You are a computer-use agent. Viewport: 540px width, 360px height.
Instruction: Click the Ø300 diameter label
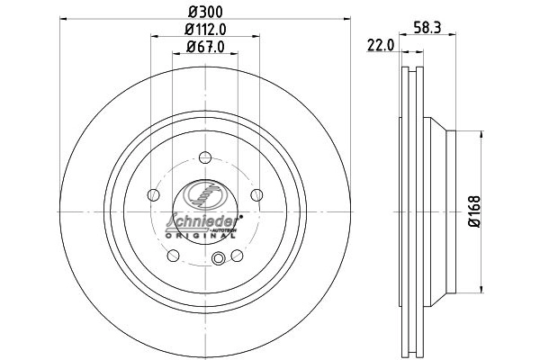pyautogui.click(x=205, y=12)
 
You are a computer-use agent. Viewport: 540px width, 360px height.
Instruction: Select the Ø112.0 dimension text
pyautogui.click(x=205, y=30)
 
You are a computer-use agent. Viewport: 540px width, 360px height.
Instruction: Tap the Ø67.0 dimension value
pyautogui.click(x=205, y=47)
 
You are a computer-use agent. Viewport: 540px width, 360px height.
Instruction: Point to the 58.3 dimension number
pyautogui.click(x=427, y=27)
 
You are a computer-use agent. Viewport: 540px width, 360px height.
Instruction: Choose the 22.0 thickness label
pyautogui.click(x=381, y=45)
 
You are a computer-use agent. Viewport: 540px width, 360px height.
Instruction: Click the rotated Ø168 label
pyautogui.click(x=474, y=211)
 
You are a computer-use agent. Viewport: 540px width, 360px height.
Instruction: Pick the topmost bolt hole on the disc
pyautogui.click(x=205, y=157)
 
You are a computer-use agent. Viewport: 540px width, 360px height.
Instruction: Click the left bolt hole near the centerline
pyautogui.click(x=153, y=195)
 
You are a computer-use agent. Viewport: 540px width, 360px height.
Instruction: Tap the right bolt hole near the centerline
pyautogui.click(x=256, y=195)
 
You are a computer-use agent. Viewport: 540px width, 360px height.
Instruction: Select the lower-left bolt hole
pyautogui.click(x=173, y=256)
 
